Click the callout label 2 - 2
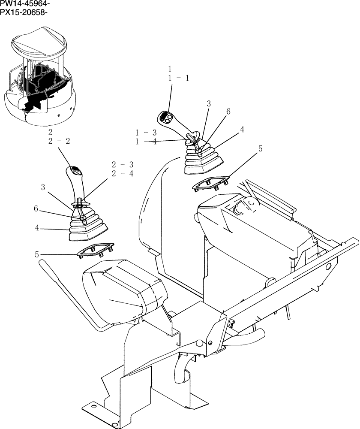coord(60,141)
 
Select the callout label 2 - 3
coord(122,164)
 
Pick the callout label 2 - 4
coord(122,174)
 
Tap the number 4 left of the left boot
coord(37,228)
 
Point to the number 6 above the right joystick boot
coord(228,112)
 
